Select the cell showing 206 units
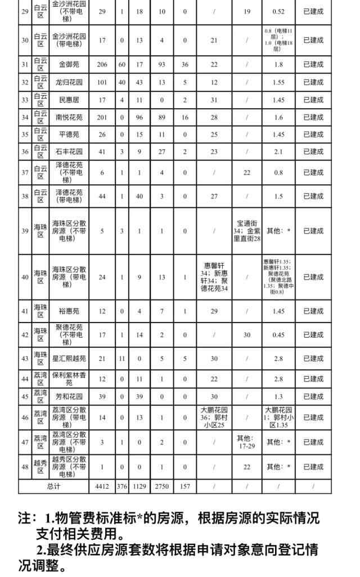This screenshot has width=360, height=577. tap(102, 65)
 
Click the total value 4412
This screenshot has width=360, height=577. tap(102, 486)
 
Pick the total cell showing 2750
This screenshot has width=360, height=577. tap(162, 486)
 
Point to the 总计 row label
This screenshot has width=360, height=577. tap(53, 486)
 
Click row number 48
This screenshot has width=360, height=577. tap(25, 467)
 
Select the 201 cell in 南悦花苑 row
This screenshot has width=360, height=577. tap(102, 117)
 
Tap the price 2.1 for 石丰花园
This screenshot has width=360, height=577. tap(278, 152)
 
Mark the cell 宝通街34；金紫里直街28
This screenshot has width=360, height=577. tap(247, 231)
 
